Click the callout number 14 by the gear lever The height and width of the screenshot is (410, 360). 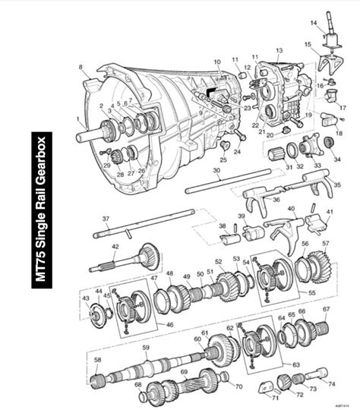313,24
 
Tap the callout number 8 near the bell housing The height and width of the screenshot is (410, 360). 80,68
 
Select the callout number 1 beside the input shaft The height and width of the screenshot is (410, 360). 77,120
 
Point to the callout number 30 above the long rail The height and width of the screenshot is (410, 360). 216,172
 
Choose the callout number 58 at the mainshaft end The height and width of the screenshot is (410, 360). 97,359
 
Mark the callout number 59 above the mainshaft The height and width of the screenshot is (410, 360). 145,348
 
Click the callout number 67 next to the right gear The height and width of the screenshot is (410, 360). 326,309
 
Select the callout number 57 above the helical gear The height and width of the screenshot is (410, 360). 325,244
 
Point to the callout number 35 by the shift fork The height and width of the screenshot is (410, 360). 337,184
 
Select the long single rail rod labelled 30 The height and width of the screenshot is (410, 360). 228,186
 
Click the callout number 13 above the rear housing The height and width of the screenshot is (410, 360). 279,50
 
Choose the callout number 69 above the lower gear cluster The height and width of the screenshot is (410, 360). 183,372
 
